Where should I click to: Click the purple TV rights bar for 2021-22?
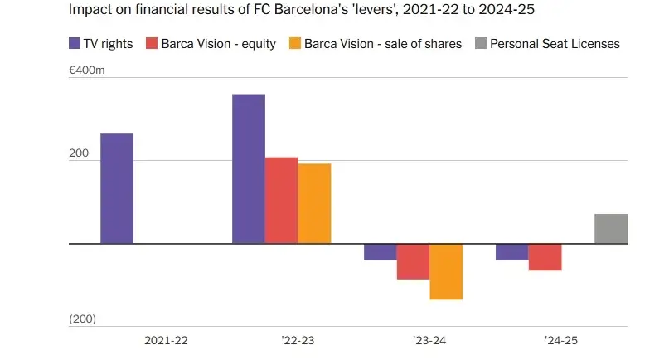click(117, 188)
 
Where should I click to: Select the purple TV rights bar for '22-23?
click(249, 169)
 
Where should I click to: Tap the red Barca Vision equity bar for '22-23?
click(282, 201)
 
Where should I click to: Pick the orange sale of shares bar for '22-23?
click(314, 204)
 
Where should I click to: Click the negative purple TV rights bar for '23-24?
click(381, 252)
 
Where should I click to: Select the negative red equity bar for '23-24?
click(413, 261)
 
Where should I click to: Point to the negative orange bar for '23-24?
click(446, 271)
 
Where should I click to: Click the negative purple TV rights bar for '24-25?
click(512, 252)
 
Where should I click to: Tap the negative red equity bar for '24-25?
click(545, 257)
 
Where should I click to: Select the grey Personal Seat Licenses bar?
click(611, 229)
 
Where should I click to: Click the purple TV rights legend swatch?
click(74, 43)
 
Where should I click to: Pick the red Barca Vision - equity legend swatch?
click(152, 43)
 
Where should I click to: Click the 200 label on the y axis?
click(80, 154)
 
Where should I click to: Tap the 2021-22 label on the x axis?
click(166, 341)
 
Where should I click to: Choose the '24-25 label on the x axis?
click(561, 341)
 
